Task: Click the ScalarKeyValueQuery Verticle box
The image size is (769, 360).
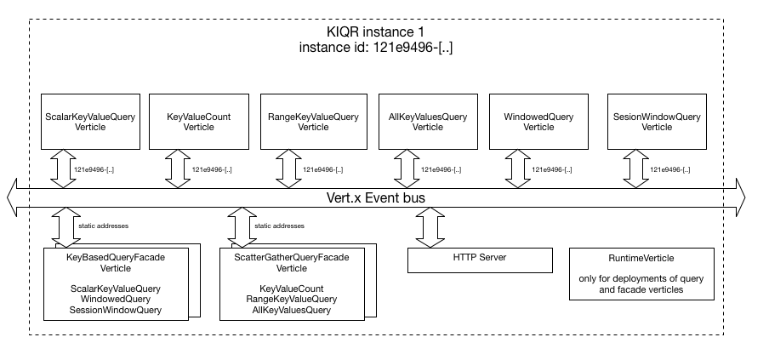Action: (90, 122)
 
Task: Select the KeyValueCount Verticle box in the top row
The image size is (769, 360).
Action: (198, 122)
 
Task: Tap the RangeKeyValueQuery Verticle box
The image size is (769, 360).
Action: (313, 122)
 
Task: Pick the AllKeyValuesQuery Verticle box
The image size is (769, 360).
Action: (428, 122)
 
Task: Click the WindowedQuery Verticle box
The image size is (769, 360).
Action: (538, 122)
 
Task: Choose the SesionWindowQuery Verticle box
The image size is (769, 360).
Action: (657, 122)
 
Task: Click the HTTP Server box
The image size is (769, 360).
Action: (480, 260)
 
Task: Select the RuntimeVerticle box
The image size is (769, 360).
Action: (641, 274)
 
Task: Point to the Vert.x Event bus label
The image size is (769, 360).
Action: (376, 197)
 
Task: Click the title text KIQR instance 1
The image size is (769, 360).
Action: (375, 31)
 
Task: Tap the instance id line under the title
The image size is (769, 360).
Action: (376, 48)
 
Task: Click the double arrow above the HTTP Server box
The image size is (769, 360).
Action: (430, 227)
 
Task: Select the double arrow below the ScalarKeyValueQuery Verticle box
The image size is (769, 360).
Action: (64, 169)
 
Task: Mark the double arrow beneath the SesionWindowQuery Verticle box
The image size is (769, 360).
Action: (635, 169)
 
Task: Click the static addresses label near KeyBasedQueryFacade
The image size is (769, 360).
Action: (104, 226)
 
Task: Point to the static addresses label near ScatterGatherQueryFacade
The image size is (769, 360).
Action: (280, 226)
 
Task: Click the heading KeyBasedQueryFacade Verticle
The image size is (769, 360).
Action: (116, 263)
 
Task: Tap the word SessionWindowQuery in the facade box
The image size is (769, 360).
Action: (116, 310)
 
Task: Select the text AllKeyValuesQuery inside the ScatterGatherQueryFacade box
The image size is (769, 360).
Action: (292, 310)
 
